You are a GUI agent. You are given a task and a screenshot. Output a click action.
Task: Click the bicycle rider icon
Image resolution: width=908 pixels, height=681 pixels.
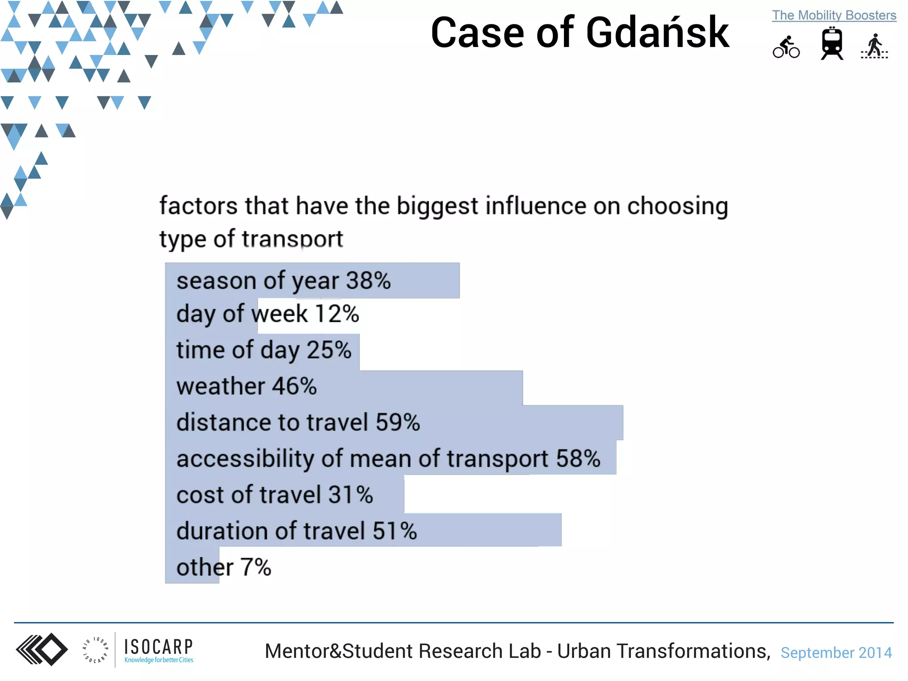click(786, 47)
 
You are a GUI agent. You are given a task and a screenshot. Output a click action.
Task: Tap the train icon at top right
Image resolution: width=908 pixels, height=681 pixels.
click(832, 43)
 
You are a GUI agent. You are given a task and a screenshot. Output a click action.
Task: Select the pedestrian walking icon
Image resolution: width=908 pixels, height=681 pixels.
click(874, 46)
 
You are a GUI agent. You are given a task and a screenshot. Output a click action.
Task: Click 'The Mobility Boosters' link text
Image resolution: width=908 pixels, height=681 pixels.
click(834, 16)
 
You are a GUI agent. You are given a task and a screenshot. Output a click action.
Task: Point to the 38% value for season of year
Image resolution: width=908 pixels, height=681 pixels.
click(368, 281)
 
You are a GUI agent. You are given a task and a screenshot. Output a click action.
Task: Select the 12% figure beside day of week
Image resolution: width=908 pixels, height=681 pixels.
click(337, 314)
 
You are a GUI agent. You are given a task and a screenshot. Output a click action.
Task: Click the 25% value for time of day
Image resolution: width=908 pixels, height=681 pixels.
click(329, 350)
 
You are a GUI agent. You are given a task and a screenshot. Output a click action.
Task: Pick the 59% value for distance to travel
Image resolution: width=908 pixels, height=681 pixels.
click(398, 422)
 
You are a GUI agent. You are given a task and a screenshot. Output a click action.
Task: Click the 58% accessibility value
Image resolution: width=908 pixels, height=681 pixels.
click(578, 458)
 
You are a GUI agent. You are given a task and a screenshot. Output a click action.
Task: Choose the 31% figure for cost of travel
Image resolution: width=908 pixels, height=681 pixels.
click(351, 495)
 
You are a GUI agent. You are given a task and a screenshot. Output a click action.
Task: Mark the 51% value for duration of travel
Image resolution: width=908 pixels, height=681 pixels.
click(395, 531)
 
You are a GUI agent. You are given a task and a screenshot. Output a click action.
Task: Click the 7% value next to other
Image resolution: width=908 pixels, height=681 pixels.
click(256, 567)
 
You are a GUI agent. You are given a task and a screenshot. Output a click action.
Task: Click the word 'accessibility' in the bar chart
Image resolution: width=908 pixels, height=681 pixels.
click(245, 458)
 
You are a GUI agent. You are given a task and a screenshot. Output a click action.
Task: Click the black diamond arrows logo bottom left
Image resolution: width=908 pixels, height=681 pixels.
click(42, 650)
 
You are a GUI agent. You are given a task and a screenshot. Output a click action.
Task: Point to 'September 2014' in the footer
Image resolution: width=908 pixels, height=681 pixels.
click(836, 653)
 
